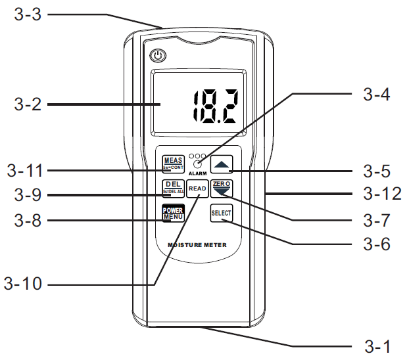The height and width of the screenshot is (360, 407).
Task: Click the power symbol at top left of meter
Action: coord(156,56)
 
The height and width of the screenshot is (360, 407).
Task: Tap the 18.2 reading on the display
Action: coord(215,105)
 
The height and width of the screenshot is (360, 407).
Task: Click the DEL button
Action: coord(173,188)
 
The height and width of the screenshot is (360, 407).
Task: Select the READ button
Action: coord(197,189)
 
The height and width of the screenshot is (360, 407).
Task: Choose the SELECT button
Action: coord(222,213)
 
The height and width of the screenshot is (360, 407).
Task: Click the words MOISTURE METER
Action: coord(197,244)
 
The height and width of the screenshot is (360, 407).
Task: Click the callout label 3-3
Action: coord(28,14)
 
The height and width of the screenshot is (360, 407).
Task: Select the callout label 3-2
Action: coord(28,104)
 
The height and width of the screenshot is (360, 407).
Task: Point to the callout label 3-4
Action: coord(377,94)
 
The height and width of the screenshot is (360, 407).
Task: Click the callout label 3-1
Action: coord(377,345)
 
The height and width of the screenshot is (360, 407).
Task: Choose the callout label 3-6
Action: coord(377,244)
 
